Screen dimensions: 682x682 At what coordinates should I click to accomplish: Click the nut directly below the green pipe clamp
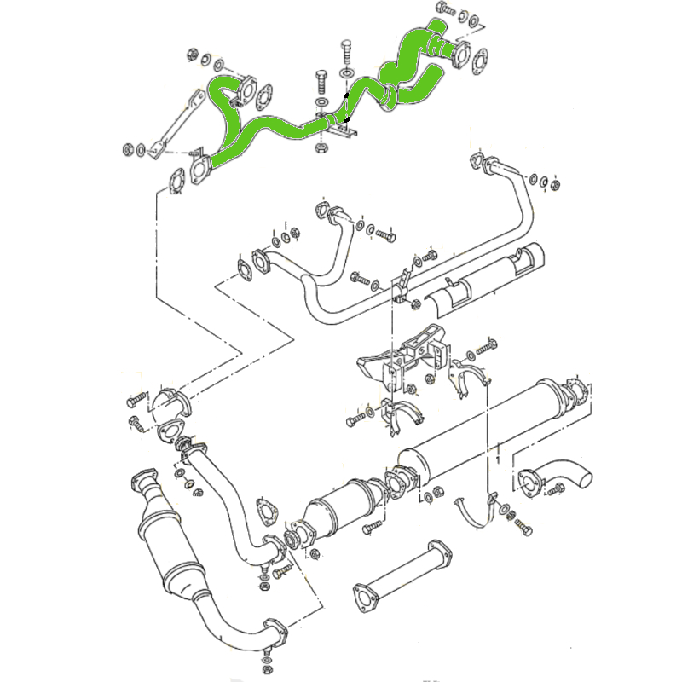pos(321,148)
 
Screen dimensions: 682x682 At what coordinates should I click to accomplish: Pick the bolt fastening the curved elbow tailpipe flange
pos(557,489)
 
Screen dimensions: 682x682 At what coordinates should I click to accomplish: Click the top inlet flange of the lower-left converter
pos(142,479)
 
